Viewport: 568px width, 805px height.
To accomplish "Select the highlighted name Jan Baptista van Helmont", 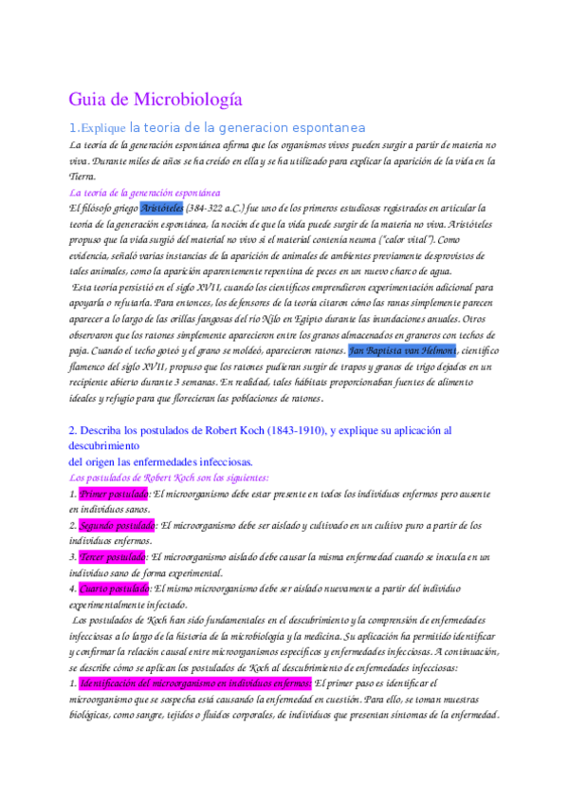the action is [403, 350].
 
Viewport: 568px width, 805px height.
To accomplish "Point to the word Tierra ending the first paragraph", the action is [82, 177].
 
